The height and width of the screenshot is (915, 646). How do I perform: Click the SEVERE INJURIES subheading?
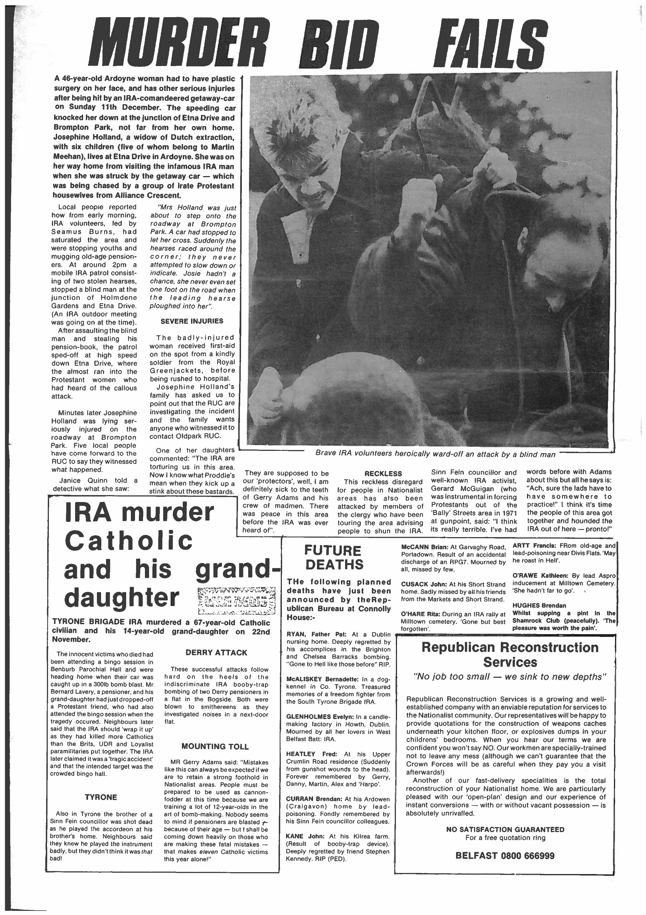pyautogui.click(x=192, y=321)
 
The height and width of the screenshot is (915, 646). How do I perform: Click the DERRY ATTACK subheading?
pyautogui.click(x=216, y=653)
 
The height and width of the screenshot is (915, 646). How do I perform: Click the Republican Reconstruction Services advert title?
pyautogui.click(x=510, y=655)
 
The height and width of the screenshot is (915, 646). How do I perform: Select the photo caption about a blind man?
pyautogui.click(x=435, y=454)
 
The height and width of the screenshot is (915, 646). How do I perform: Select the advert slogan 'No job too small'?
pyautogui.click(x=510, y=677)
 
